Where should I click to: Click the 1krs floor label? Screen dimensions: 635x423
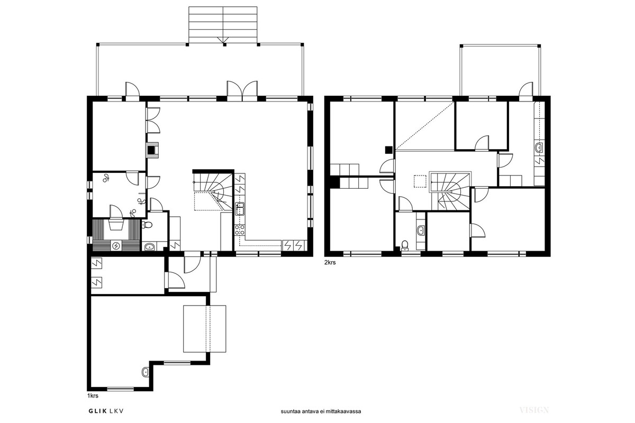[93, 396]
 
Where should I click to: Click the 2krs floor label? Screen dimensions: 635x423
[330, 262]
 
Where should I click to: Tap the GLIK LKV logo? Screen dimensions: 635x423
[106, 411]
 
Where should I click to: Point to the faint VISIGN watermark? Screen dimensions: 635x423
[534, 410]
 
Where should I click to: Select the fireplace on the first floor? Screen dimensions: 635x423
[152, 149]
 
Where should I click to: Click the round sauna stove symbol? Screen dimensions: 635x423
[116, 246]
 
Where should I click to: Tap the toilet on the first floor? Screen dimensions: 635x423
[147, 225]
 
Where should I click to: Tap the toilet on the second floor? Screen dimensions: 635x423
[405, 245]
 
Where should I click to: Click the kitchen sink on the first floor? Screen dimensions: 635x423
[240, 209]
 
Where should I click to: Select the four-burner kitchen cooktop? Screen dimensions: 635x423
[240, 230]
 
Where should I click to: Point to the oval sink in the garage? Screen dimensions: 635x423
[146, 372]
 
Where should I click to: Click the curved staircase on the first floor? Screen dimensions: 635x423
[213, 191]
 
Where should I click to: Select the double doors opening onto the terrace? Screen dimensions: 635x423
[242, 90]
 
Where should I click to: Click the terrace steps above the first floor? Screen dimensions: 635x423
[223, 25]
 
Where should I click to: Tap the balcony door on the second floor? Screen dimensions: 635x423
[526, 91]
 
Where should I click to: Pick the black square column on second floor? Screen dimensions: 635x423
[388, 150]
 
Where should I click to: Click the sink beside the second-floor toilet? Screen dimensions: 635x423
[421, 231]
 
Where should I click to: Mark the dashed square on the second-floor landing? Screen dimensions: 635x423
[420, 181]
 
